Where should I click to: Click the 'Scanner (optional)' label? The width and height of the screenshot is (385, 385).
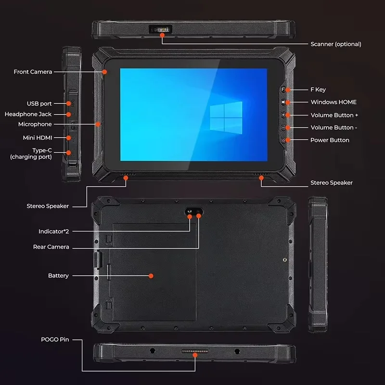(335, 44)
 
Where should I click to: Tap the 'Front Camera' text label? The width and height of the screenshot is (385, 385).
(33, 72)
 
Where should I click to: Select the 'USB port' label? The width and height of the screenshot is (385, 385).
(39, 103)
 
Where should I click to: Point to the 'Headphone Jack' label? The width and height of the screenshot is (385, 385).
(28, 114)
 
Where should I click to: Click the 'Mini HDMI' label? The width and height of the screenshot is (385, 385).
(37, 138)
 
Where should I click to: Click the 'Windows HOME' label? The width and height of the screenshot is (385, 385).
(334, 102)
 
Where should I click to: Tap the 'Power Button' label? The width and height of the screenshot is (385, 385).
(330, 140)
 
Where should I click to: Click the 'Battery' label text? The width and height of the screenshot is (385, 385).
(58, 276)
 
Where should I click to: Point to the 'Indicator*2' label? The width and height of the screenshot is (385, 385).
(54, 231)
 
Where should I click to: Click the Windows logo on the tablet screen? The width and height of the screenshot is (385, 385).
(226, 117)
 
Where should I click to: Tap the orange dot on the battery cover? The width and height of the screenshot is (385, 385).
(151, 276)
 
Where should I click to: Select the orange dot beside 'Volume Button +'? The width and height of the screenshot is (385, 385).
(288, 115)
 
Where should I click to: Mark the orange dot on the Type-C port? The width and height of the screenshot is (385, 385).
(68, 153)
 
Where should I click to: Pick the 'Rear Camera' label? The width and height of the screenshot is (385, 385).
(51, 247)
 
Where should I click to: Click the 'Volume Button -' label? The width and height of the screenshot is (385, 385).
(334, 128)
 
